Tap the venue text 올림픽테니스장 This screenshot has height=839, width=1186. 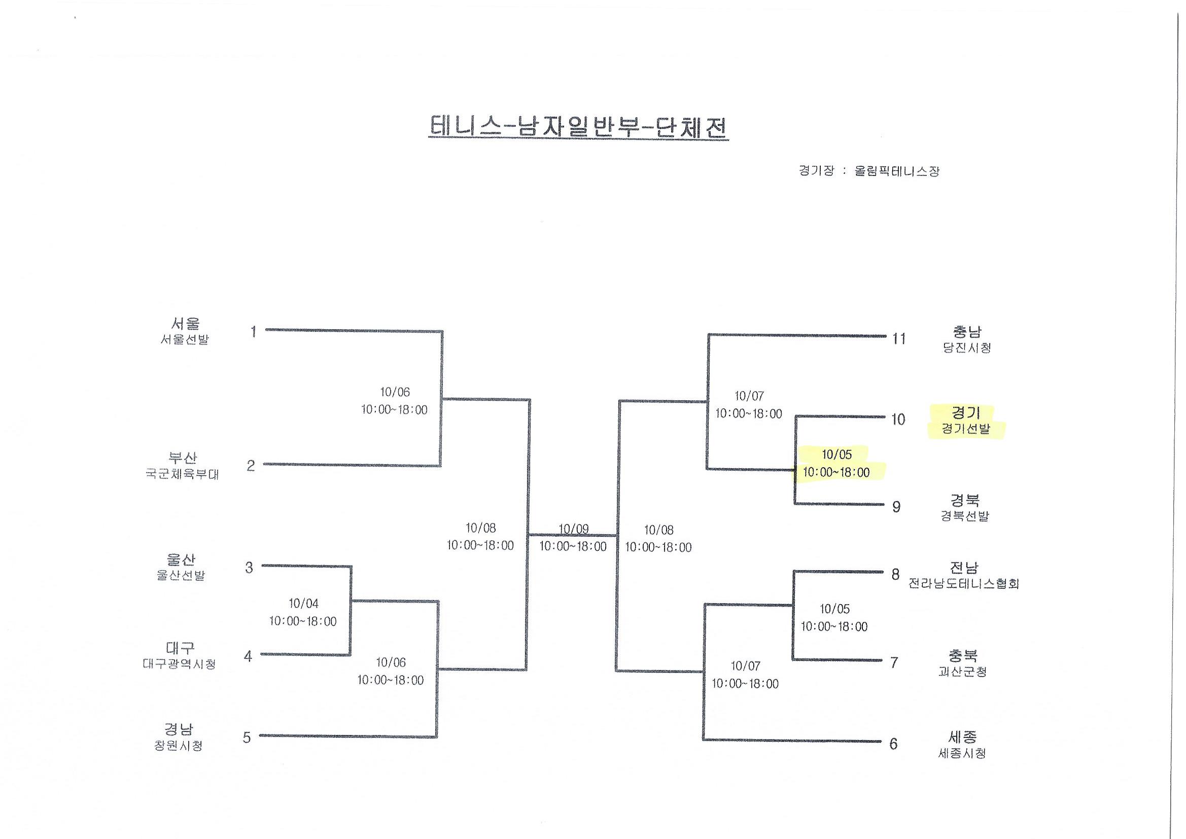click(897, 171)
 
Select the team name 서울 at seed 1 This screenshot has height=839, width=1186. click(185, 324)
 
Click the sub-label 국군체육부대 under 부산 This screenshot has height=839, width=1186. click(182, 474)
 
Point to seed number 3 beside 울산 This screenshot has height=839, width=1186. click(249, 568)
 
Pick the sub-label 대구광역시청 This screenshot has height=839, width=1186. click(179, 664)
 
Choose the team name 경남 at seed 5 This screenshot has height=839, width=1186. click(179, 729)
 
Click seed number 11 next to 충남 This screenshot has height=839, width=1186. click(899, 338)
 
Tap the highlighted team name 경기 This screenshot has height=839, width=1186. click(965, 413)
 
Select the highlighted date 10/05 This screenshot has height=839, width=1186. click(836, 455)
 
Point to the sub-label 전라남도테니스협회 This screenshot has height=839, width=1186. click(963, 584)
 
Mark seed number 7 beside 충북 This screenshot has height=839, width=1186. click(894, 662)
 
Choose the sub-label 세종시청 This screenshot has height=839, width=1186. click(962, 753)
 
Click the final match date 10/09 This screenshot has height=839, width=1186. click(573, 529)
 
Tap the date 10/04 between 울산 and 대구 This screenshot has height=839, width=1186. click(303, 604)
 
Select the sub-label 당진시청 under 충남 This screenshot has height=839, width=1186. click(966, 347)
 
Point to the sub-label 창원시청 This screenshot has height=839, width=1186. click(178, 746)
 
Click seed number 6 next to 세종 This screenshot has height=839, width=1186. click(893, 744)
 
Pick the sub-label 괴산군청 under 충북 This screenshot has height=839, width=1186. click(962, 672)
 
